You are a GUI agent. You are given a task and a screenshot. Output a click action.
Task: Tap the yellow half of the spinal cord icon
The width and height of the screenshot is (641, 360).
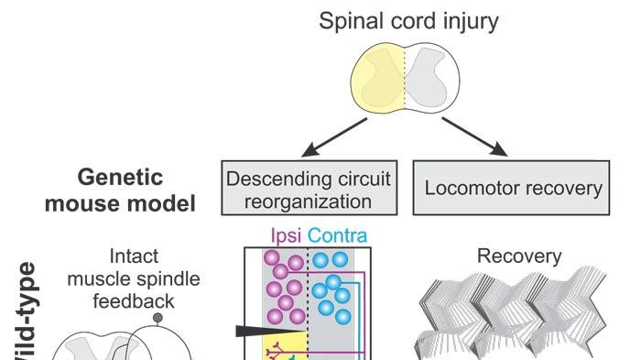tap(377, 78)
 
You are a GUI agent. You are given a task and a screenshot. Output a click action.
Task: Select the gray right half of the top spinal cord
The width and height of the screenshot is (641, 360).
tap(431, 78)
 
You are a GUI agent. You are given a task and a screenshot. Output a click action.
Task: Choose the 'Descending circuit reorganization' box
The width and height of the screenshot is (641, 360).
tap(310, 189)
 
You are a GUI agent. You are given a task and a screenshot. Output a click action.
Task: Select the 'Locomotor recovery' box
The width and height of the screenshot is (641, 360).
tap(513, 189)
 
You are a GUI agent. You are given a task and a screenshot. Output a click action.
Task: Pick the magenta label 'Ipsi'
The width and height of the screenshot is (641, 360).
tap(285, 236)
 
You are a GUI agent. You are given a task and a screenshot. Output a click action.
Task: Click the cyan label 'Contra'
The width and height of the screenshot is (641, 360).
tap(338, 236)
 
